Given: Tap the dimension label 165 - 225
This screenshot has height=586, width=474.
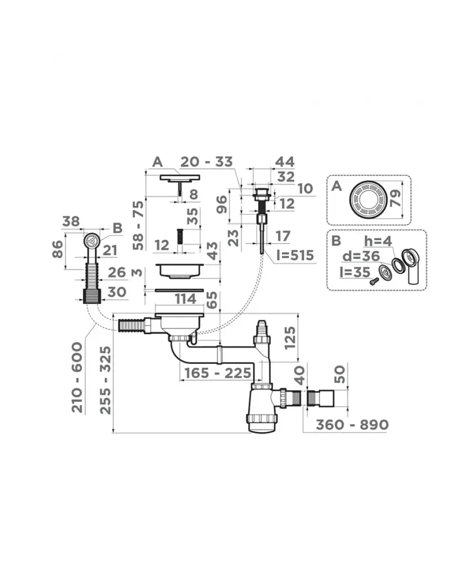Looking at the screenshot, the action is (x=218, y=373).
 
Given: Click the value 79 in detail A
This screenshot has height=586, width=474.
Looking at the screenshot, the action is (x=395, y=198).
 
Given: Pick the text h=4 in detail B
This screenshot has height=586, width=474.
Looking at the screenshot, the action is (x=378, y=241).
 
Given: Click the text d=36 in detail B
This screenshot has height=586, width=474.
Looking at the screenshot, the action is (x=361, y=256).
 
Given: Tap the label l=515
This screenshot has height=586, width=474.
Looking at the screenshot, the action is (x=295, y=255).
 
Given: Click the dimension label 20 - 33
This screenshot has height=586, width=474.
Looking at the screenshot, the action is (x=206, y=162).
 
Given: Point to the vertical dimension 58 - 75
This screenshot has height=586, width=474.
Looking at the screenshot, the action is (x=138, y=225).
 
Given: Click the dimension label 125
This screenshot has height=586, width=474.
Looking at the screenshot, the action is (x=290, y=338).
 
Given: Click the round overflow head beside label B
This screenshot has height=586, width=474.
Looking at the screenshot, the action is (x=91, y=241).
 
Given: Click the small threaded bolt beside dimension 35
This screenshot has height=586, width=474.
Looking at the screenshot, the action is (x=180, y=236).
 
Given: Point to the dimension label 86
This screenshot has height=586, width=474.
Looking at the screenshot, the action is (x=58, y=249).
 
